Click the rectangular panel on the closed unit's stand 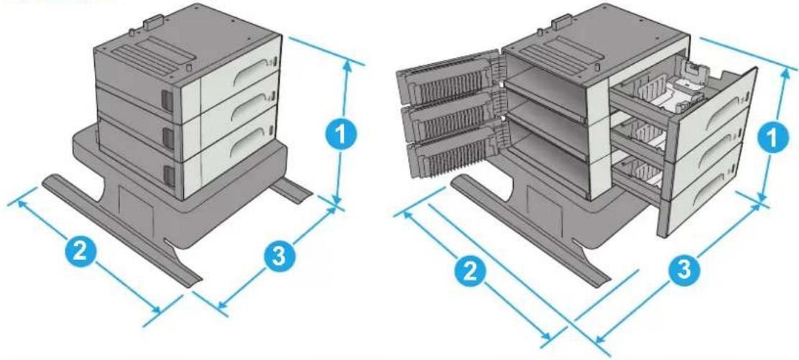136,209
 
